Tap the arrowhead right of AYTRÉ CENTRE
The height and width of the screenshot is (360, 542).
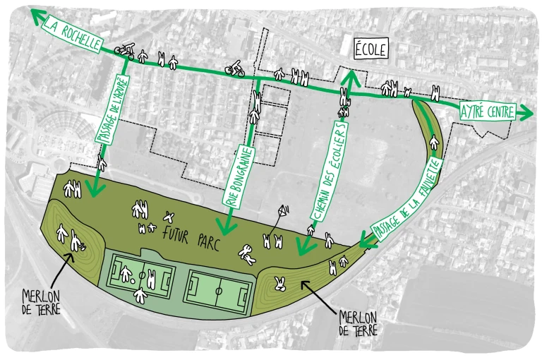coord(525,112)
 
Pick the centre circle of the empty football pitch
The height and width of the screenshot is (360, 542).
coord(218,289)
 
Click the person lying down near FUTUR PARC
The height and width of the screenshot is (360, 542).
coord(247,252)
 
